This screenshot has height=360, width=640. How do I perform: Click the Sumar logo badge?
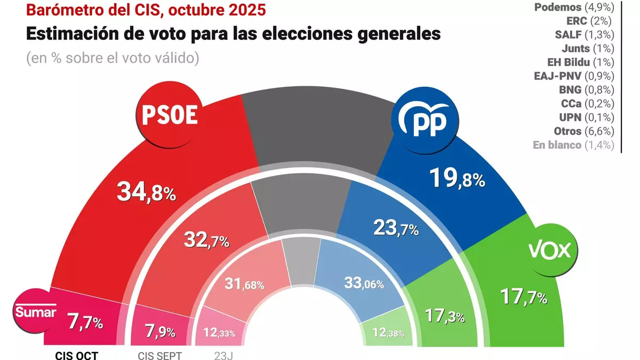click(x=35, y=313)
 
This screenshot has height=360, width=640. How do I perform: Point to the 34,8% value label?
click(x=146, y=192)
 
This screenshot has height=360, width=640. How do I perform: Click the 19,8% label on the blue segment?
click(x=458, y=178)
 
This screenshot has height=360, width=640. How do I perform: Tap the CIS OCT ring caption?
click(x=77, y=354)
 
